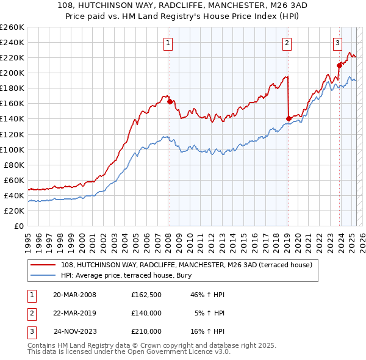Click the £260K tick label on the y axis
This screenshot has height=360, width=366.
[x=12, y=27]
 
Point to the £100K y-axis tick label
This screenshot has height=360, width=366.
[x=12, y=149]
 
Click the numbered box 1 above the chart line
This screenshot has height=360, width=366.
[x=168, y=43]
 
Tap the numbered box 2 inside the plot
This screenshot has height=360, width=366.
[x=287, y=43]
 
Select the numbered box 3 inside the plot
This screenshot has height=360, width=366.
[x=337, y=43]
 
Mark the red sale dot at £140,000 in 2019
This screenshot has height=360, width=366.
[x=288, y=118]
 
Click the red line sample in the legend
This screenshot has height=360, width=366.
[x=43, y=265]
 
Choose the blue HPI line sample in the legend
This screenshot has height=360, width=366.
[x=43, y=275]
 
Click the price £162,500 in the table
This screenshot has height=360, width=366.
[x=146, y=295]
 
